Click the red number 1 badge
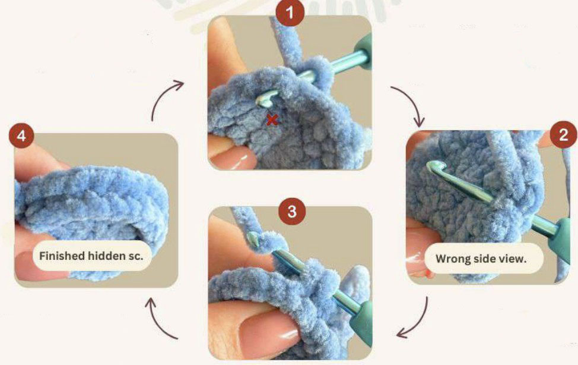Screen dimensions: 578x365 (290, 13)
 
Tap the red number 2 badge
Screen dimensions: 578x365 (564, 135)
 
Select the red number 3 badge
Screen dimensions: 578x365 (292, 212)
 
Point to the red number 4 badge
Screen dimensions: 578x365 (21, 136)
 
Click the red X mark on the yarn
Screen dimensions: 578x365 (272, 119)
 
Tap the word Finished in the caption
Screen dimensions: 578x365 (62, 256)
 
